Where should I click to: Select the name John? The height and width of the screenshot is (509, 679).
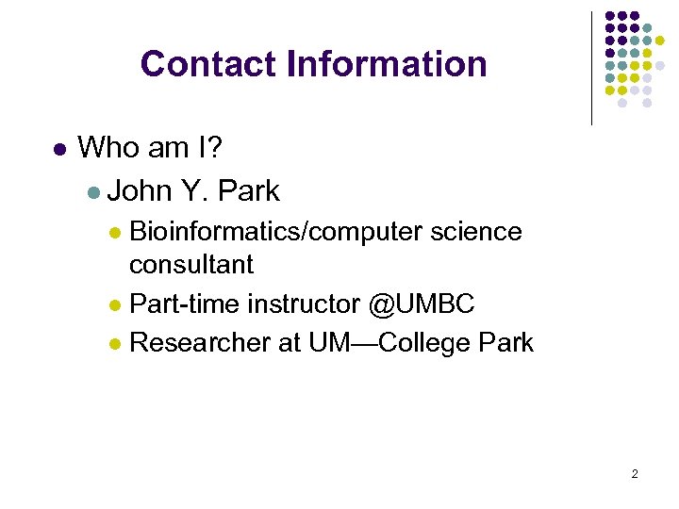[x=140, y=191]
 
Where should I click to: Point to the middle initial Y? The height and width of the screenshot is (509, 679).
[x=194, y=191]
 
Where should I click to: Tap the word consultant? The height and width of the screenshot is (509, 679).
[x=191, y=265]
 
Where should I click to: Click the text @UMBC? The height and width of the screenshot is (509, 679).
[x=422, y=304]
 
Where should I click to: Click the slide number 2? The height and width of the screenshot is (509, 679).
[x=635, y=473]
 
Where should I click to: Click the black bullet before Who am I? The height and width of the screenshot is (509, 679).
[x=58, y=149]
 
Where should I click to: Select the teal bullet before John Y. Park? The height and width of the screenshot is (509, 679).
[x=92, y=192]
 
